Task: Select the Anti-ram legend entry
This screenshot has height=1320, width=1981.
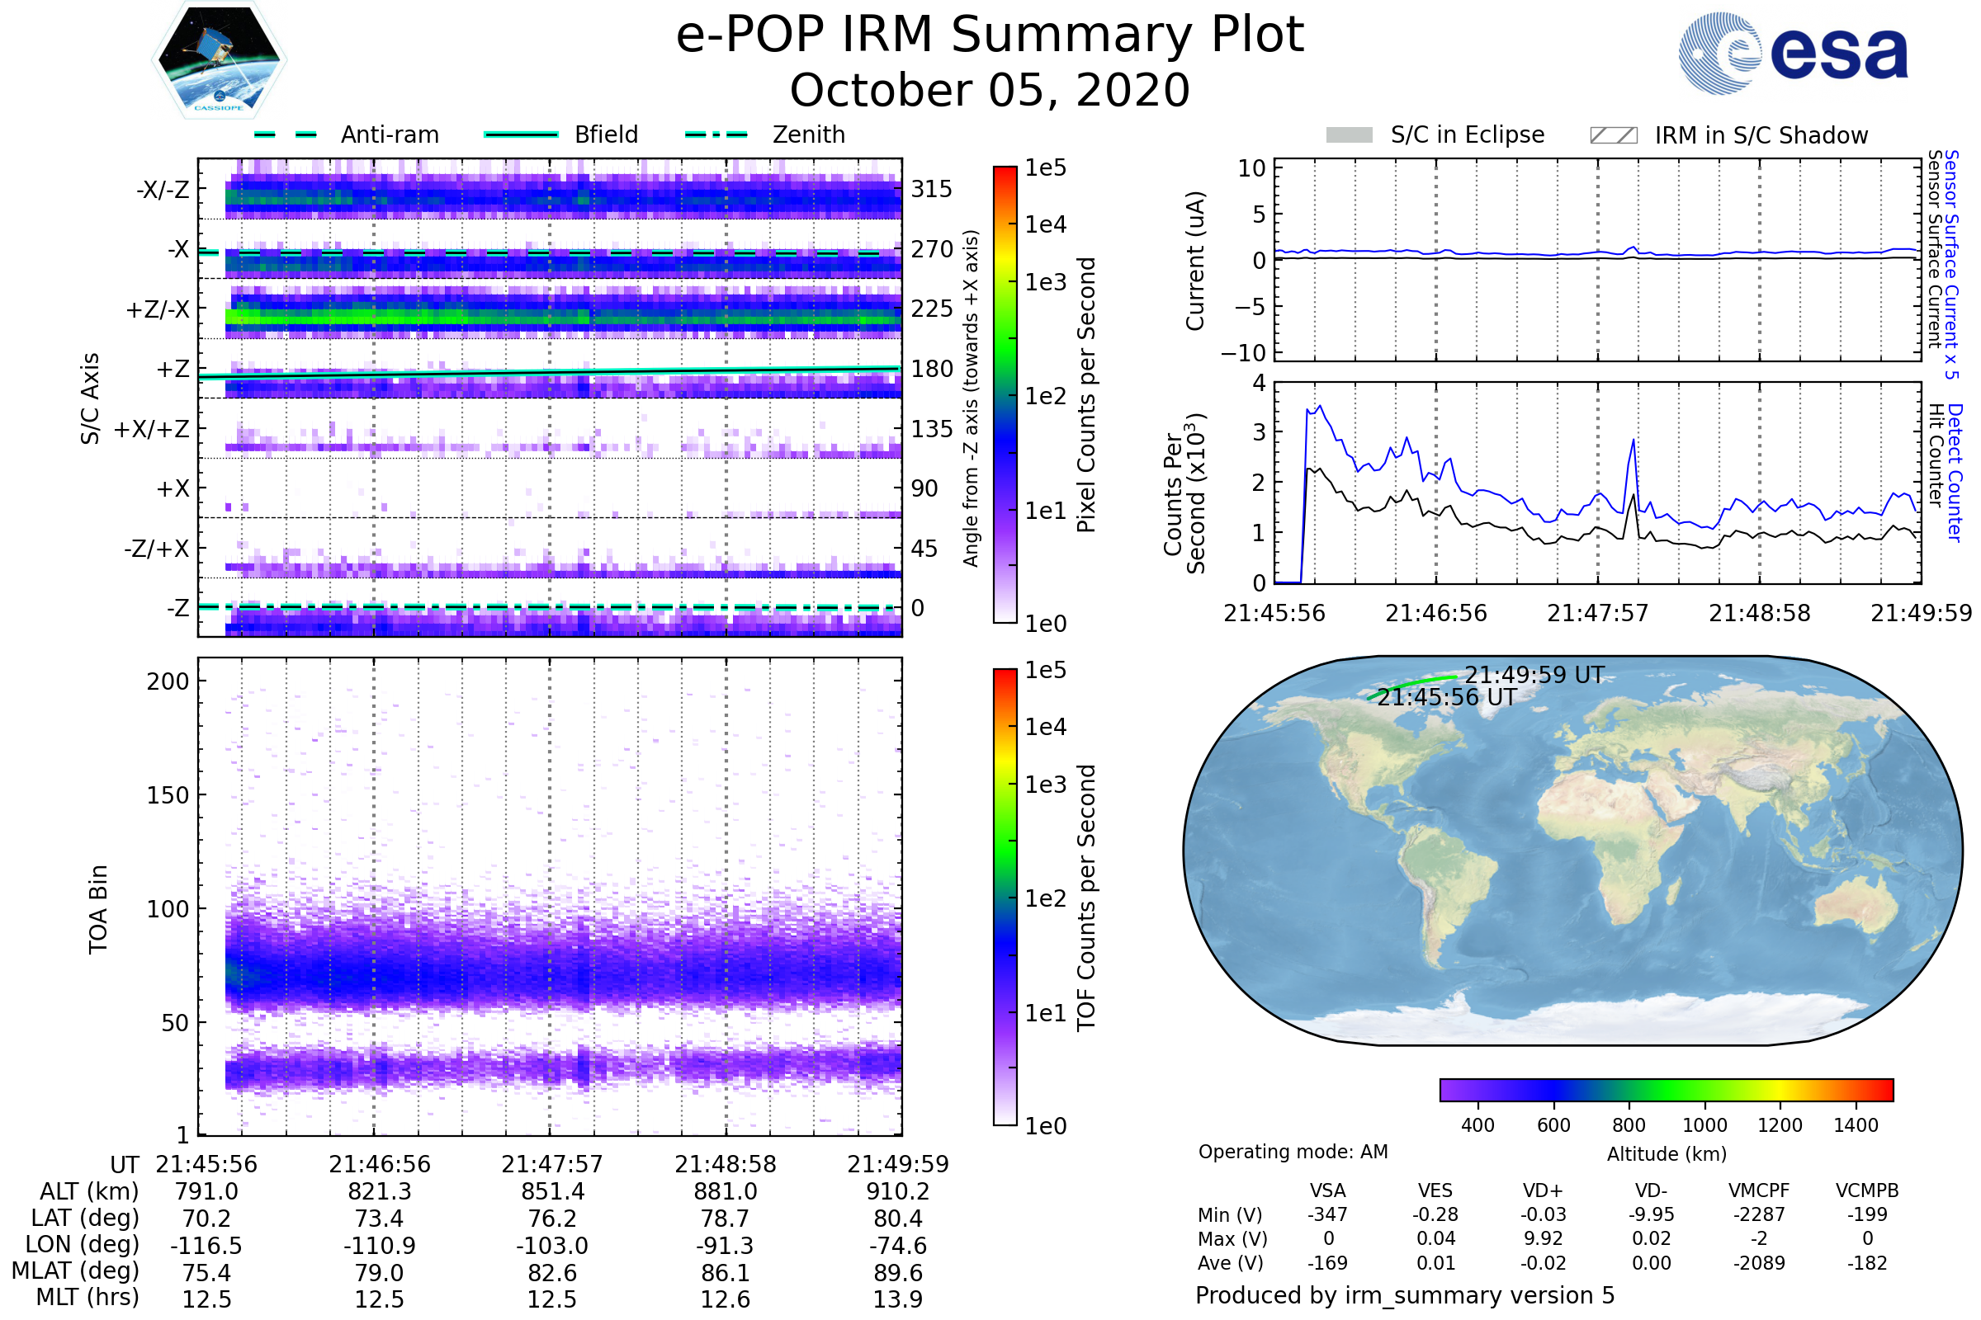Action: click(389, 134)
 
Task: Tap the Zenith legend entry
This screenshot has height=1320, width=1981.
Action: click(808, 134)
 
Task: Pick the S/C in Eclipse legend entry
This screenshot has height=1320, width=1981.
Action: click(1467, 134)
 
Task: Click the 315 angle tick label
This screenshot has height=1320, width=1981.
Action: click(931, 190)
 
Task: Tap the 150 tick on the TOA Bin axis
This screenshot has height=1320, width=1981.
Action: click(168, 795)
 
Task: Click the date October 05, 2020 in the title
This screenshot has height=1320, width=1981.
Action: click(990, 90)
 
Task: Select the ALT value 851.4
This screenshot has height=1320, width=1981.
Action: click(551, 1192)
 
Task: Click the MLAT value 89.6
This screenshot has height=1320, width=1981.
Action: click(898, 1273)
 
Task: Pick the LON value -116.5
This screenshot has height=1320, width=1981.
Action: click(206, 1246)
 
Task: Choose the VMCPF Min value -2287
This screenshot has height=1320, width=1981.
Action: click(1759, 1214)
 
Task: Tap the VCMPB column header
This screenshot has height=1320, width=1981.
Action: click(1866, 1191)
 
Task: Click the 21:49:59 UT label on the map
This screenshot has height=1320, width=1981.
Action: click(1534, 675)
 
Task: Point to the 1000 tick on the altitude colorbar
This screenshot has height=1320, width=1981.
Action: click(1704, 1125)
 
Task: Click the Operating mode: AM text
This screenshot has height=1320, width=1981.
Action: click(1293, 1152)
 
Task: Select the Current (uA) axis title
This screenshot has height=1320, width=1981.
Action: click(1195, 261)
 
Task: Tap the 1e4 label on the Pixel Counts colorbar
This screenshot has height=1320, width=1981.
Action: click(1045, 224)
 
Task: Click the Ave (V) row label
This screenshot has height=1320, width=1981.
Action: click(1231, 1264)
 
